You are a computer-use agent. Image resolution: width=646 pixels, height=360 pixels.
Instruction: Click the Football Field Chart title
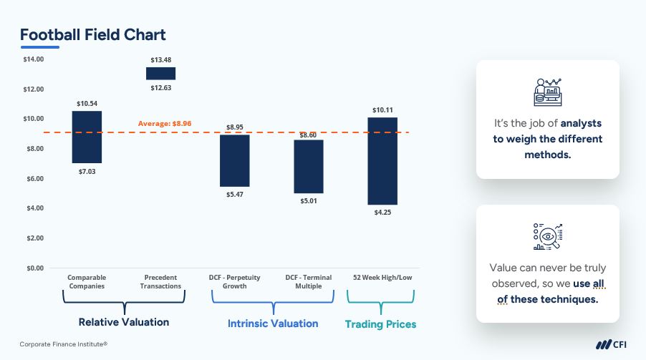93,34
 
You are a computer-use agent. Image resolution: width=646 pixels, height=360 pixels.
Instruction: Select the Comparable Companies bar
87,137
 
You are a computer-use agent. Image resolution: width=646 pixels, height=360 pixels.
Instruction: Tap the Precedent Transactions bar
160,74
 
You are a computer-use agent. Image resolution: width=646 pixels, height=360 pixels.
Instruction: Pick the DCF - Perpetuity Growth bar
234,161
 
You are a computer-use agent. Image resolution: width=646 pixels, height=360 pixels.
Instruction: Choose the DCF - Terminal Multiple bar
309,167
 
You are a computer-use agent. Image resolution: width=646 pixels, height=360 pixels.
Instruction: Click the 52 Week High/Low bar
382,161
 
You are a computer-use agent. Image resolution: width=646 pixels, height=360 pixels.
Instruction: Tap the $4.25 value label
382,213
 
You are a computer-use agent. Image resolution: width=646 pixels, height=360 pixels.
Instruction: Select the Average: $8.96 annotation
165,124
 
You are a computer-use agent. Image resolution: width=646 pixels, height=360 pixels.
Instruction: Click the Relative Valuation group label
124,322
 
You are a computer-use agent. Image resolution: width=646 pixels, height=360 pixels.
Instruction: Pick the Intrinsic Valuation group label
273,323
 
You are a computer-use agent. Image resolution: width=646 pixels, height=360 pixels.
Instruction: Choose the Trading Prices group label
380,324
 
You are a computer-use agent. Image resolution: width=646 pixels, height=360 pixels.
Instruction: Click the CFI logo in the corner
611,344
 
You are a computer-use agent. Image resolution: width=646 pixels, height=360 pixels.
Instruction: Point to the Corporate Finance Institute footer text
64,344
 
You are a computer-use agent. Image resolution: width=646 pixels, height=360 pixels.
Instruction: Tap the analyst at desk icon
547,92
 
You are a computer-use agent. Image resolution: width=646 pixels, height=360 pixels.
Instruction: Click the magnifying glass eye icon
547,237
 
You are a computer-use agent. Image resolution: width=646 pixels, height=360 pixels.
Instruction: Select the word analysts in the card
581,123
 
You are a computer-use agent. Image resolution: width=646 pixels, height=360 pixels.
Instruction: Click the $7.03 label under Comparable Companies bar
87,172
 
